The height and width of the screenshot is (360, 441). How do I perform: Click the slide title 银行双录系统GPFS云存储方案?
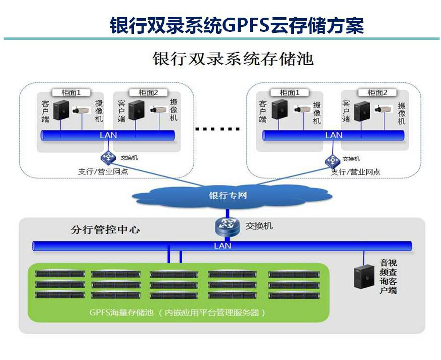click(237, 25)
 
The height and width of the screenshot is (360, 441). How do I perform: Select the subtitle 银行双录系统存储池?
click(233, 59)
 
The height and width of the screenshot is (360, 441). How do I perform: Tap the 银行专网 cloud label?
click(228, 195)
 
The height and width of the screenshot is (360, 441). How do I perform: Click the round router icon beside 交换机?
click(227, 226)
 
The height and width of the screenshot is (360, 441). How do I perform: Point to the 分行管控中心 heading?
click(105, 230)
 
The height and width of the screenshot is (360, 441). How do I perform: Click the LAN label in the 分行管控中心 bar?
click(222, 246)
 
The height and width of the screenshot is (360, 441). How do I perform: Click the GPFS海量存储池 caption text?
click(177, 312)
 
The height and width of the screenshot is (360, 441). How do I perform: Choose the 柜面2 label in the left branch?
click(148, 93)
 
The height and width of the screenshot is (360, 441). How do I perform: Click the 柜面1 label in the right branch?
click(290, 93)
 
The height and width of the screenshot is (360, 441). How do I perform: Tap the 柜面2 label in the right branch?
click(377, 93)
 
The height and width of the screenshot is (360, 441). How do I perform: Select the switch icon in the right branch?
click(332, 160)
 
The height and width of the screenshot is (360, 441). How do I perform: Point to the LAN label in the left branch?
click(108, 135)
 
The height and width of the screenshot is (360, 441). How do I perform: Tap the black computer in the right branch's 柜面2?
click(361, 111)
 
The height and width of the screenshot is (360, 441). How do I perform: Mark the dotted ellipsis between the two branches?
click(217, 129)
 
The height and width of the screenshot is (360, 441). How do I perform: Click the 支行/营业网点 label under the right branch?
click(356, 172)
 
